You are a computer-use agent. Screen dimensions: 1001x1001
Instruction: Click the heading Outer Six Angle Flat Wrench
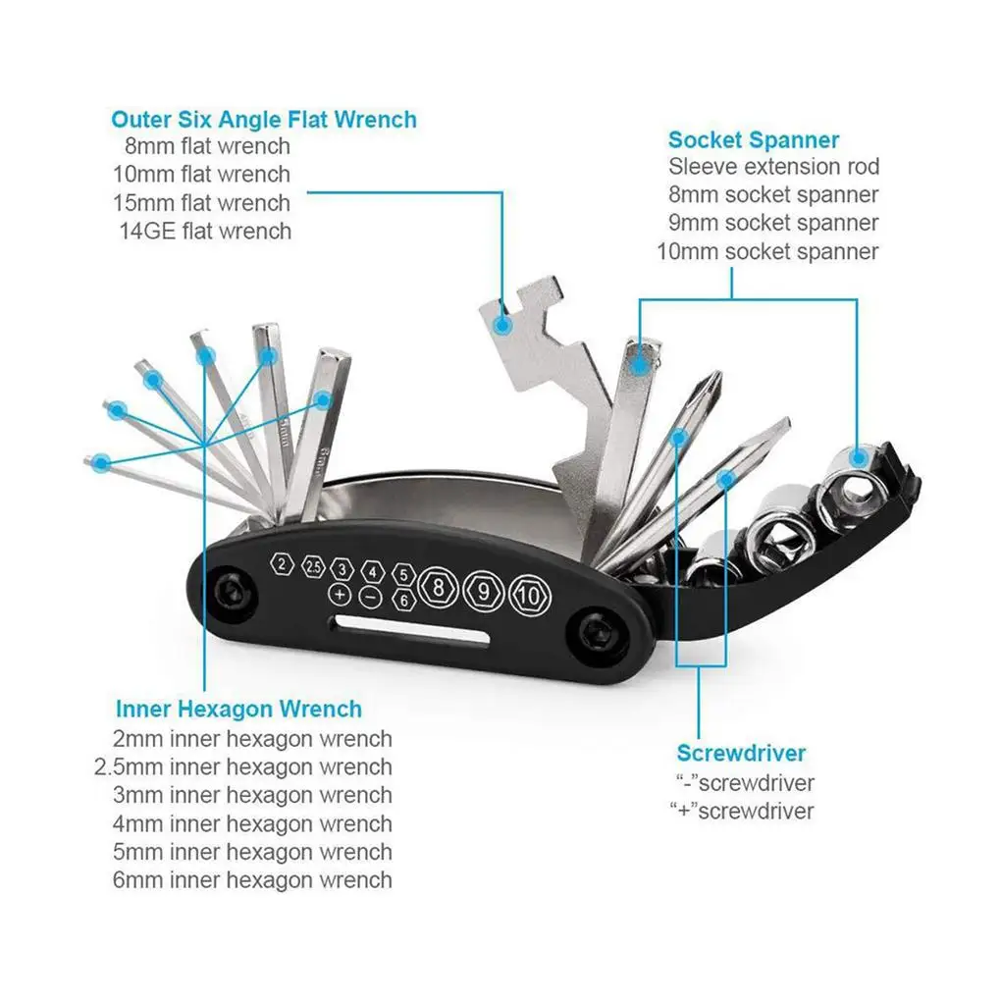coord(263,120)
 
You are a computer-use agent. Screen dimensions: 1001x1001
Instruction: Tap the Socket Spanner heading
coord(754,139)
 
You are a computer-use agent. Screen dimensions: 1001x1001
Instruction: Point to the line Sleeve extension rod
coord(773,167)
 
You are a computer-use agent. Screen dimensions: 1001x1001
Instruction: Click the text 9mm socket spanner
coord(773,223)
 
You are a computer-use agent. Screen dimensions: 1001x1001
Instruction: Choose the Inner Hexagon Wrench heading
coord(238,709)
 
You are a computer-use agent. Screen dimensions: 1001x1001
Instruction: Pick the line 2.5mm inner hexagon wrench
coord(242,766)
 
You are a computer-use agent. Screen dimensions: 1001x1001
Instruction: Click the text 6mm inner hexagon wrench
coord(252,879)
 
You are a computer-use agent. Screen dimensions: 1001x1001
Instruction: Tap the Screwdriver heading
coord(741,754)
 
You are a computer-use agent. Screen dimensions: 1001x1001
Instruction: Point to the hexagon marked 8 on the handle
coord(437,591)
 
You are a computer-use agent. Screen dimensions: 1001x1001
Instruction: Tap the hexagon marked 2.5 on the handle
coord(313,567)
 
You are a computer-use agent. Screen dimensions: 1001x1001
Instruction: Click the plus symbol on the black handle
coord(340,595)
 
